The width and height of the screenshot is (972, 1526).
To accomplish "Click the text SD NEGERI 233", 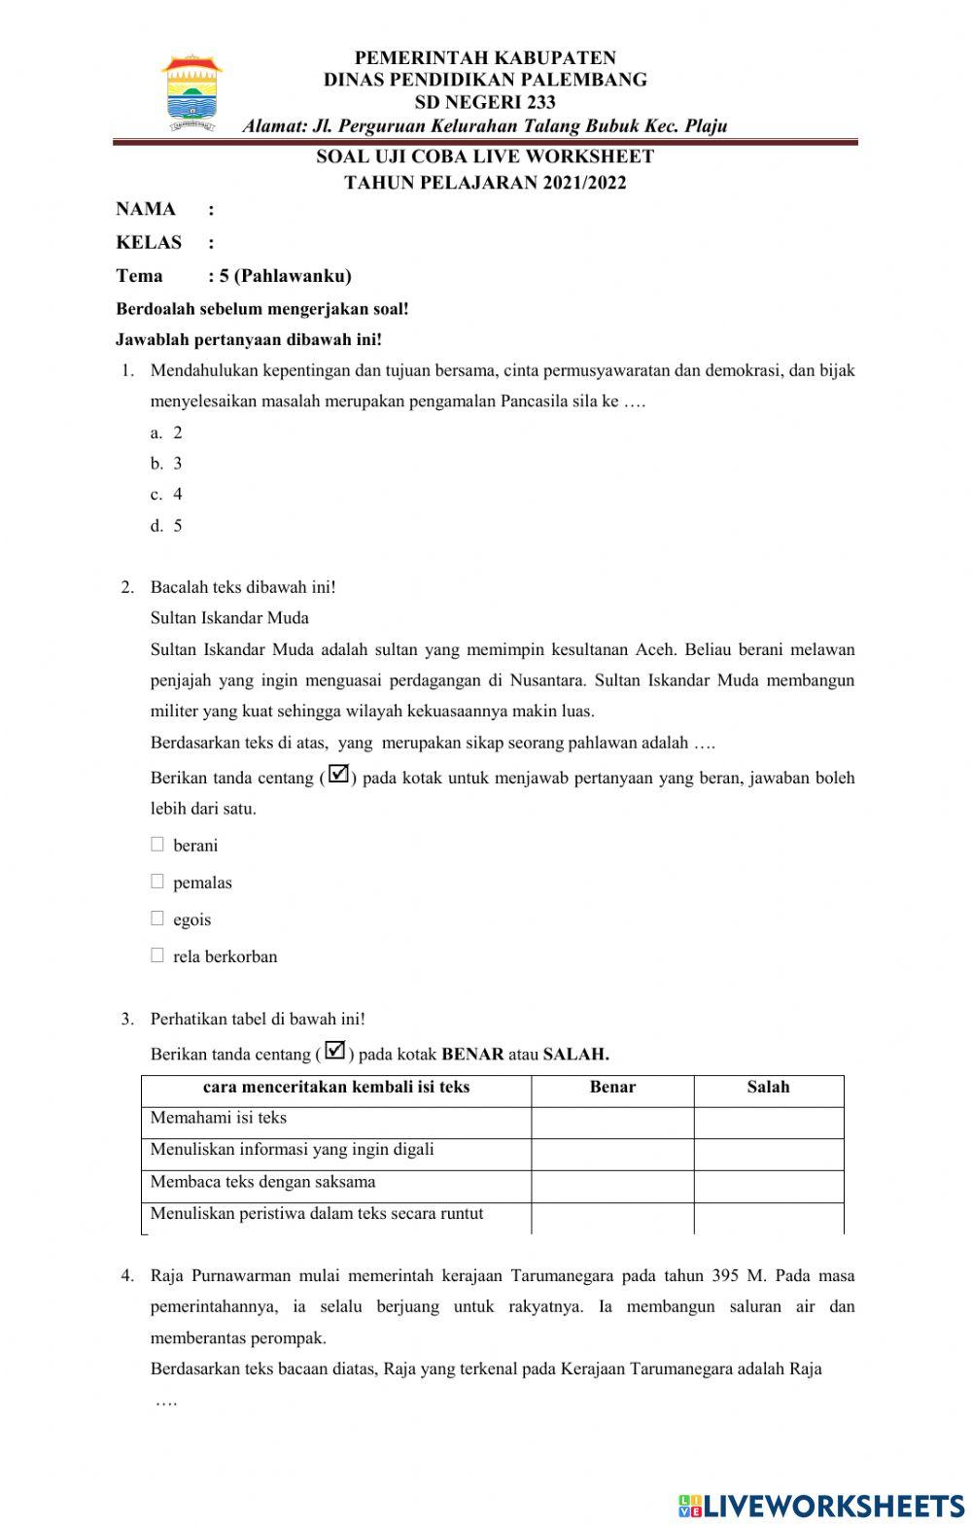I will pyautogui.click(x=485, y=102).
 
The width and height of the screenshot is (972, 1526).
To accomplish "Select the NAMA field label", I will pyautogui.click(x=146, y=209).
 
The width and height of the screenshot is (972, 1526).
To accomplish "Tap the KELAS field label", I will pyautogui.click(x=149, y=242).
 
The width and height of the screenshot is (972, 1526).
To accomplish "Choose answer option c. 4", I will pyautogui.click(x=167, y=494).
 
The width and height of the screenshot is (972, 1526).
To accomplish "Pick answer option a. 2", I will pyautogui.click(x=167, y=433).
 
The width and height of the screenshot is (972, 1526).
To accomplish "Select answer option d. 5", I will pyautogui.click(x=167, y=526).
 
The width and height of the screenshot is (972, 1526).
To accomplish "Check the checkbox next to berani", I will pyautogui.click(x=157, y=845).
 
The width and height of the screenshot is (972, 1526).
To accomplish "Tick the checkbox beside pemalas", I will pyautogui.click(x=157, y=882).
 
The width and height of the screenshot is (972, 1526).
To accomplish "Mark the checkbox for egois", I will pyautogui.click(x=157, y=919).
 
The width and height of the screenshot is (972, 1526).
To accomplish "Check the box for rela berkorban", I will pyautogui.click(x=157, y=955).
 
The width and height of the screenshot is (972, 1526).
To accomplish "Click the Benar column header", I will pyautogui.click(x=612, y=1088).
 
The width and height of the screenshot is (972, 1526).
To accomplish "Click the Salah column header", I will pyautogui.click(x=768, y=1088).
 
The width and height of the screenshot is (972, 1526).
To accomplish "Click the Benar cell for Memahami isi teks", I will pyautogui.click(x=612, y=1121).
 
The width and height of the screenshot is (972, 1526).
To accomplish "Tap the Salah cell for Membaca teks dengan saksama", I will pyautogui.click(x=768, y=1185).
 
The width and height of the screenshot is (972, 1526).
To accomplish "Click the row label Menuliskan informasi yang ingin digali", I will pyautogui.click(x=292, y=1150).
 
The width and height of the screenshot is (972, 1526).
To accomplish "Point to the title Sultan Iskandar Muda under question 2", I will pyautogui.click(x=229, y=617).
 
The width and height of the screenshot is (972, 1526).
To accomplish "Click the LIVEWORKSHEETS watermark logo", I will pyautogui.click(x=821, y=1506).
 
